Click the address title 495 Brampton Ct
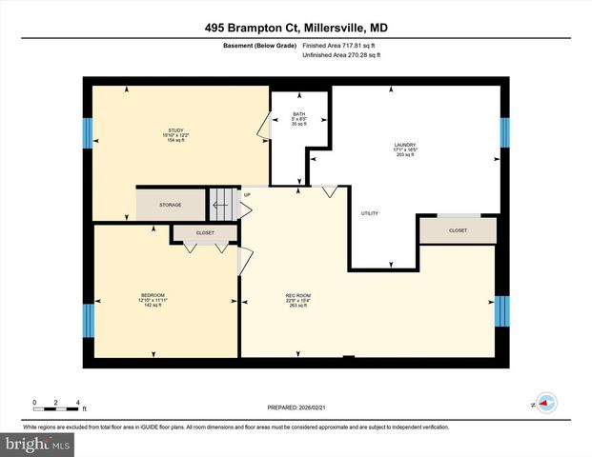pos(296,29)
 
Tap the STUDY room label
pos(175,130)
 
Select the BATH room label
pos(298,113)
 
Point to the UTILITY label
pos(370,213)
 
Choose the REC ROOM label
pos(297,296)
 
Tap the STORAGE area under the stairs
pos(171,205)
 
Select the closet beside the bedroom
pos(205,233)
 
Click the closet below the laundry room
pos(458,230)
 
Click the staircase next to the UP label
pos(221,202)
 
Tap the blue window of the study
pos(89,132)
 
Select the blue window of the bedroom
pos(89,318)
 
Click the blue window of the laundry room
pos(504,132)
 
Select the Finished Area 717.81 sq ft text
pos(340,45)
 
